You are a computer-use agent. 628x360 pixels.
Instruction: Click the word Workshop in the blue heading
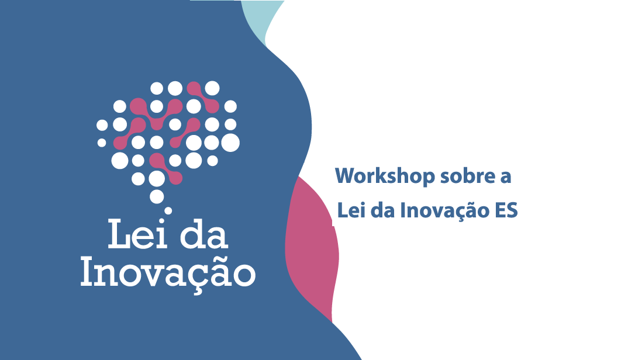(x=385, y=176)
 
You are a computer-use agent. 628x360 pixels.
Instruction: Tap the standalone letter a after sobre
(x=506, y=178)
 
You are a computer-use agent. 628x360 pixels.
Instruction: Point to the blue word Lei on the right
(x=351, y=210)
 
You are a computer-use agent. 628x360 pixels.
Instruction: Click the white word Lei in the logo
(x=138, y=234)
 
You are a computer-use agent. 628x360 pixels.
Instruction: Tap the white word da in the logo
(x=204, y=234)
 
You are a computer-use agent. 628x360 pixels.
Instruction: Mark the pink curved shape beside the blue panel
(x=312, y=248)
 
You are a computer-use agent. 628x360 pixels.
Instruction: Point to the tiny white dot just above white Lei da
(x=168, y=210)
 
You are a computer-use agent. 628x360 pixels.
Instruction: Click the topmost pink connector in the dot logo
(x=203, y=97)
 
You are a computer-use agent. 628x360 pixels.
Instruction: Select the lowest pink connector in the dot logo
(x=166, y=168)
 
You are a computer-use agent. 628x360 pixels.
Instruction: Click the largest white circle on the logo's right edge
(x=230, y=143)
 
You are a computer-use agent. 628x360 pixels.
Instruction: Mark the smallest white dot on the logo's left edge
(x=102, y=143)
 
